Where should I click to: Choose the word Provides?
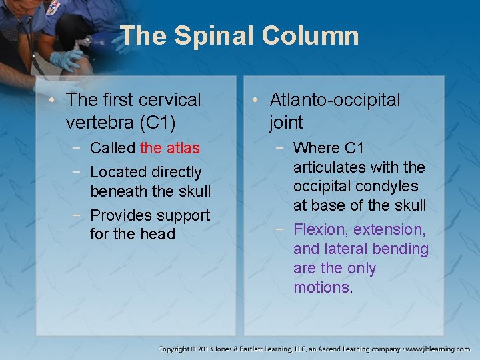click(x=119, y=215)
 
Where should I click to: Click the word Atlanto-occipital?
click(x=335, y=100)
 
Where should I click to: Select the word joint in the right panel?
click(x=286, y=123)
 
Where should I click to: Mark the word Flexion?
click(x=321, y=229)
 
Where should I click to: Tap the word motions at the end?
click(x=321, y=287)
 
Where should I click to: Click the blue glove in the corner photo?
click(x=67, y=60)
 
